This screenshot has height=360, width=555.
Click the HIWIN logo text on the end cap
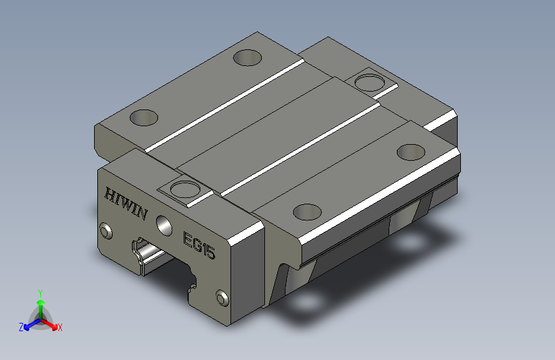(126, 204)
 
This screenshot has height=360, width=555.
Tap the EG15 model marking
(199, 245)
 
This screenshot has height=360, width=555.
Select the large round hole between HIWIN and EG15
(165, 225)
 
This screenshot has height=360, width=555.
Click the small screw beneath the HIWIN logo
(106, 231)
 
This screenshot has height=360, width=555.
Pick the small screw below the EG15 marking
(222, 298)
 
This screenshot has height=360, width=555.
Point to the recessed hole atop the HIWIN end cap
(184, 188)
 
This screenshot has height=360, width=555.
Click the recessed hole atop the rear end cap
(369, 83)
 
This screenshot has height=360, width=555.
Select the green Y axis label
(40, 293)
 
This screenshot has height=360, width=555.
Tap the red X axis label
(60, 327)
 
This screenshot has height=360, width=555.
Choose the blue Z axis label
(21, 327)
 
